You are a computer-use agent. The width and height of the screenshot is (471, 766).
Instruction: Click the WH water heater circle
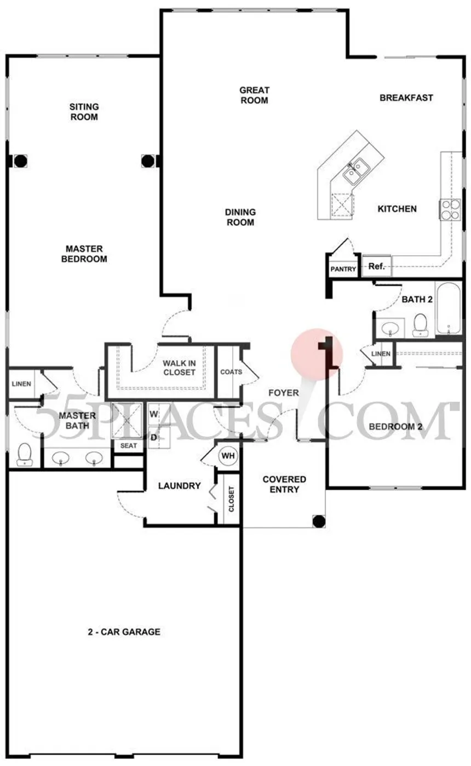(228, 455)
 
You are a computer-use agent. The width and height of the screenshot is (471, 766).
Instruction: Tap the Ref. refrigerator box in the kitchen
(377, 266)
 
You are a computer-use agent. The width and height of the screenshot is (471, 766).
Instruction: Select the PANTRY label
(343, 269)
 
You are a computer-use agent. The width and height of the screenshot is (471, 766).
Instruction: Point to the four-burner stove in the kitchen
(450, 210)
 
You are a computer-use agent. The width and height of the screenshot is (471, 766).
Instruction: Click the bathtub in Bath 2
(449, 308)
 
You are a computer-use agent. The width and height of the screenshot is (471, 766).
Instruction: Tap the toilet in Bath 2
(420, 325)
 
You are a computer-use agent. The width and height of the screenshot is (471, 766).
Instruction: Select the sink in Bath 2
(390, 328)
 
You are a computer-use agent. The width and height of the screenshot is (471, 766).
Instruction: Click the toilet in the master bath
(25, 454)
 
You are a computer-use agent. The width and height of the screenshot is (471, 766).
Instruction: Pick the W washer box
(159, 414)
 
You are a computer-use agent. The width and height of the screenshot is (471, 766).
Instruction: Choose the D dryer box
(159, 437)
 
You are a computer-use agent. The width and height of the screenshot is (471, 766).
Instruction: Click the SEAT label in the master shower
(129, 445)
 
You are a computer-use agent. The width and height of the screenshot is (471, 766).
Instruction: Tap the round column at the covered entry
(319, 522)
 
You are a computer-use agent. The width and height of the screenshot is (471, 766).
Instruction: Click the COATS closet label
(231, 371)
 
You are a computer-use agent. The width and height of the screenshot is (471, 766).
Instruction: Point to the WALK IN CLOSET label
(179, 368)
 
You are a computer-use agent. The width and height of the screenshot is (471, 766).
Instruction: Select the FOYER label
(283, 392)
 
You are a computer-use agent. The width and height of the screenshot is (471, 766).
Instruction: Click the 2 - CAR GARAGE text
(124, 632)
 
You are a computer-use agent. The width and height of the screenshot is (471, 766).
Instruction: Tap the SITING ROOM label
(84, 112)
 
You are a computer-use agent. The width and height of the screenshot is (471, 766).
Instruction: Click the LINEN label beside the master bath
(21, 384)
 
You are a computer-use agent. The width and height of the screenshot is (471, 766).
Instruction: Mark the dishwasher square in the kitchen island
(342, 204)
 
